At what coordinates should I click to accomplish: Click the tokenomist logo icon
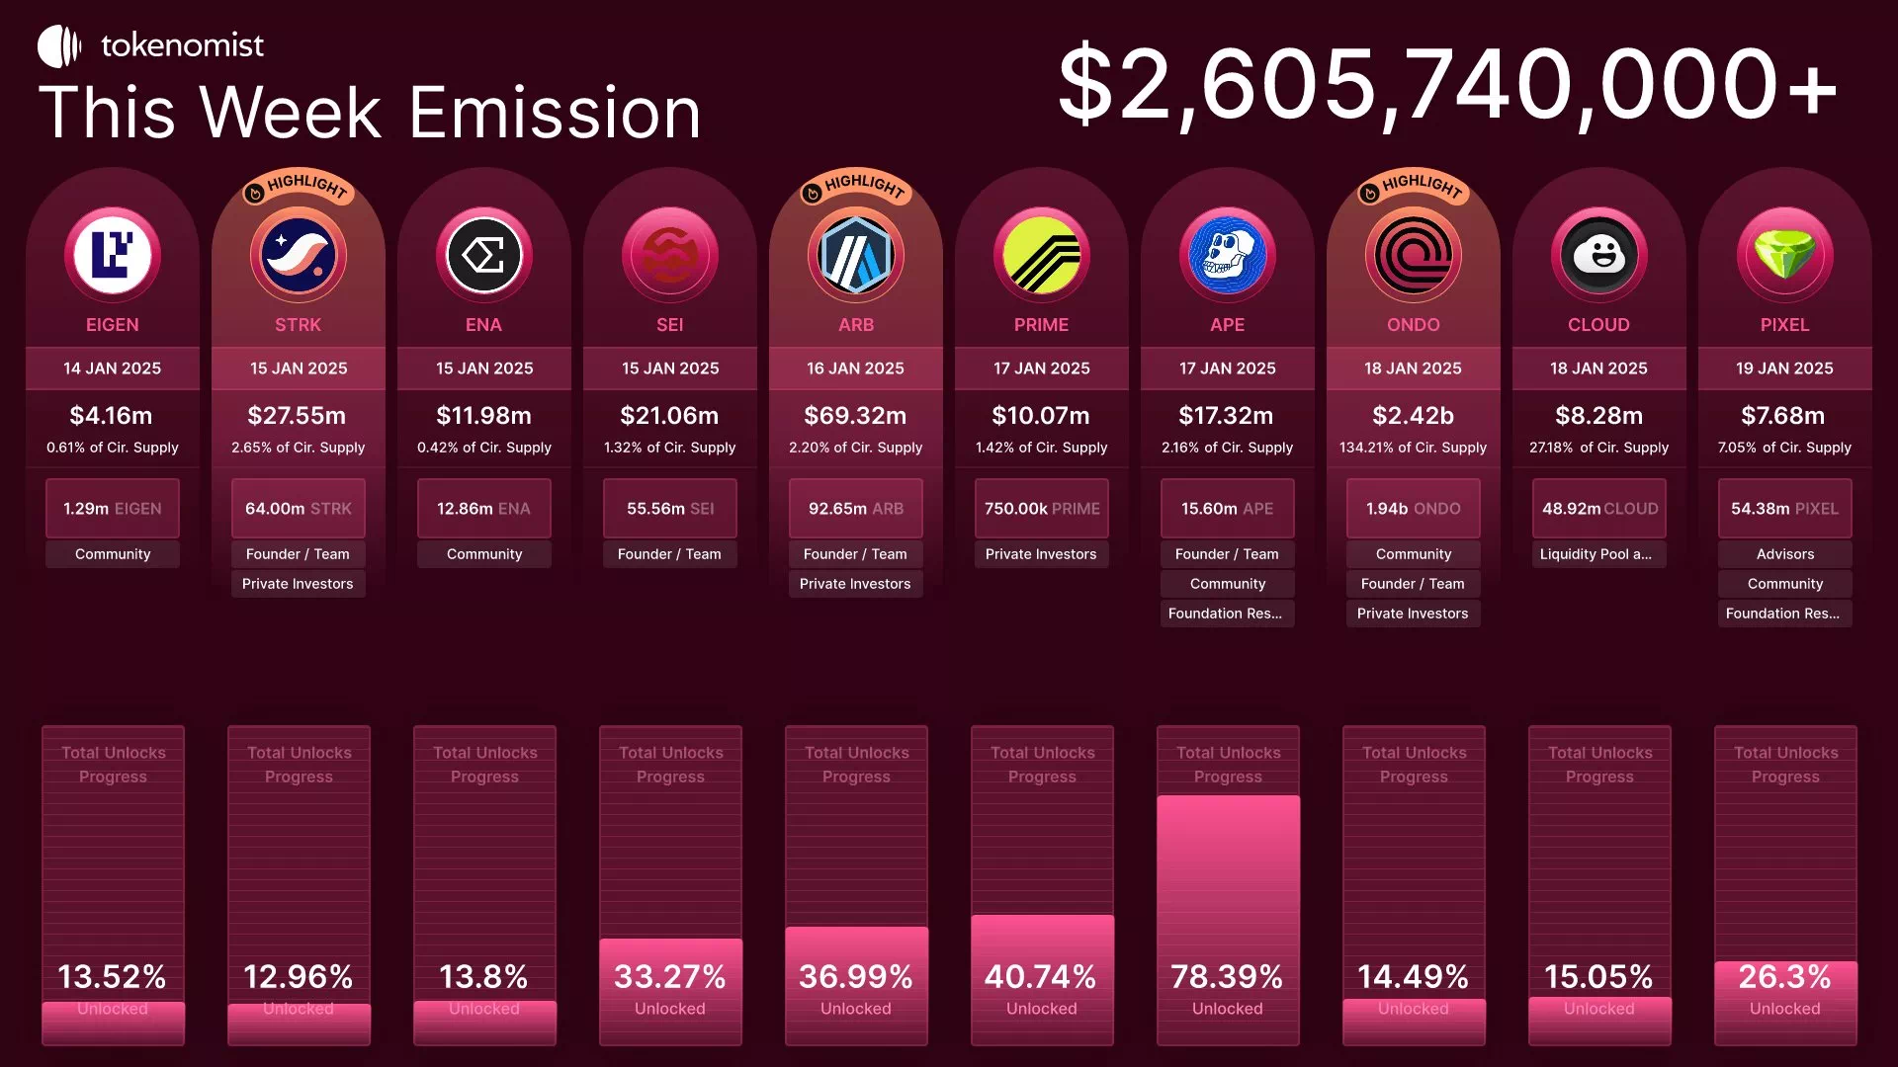(x=58, y=46)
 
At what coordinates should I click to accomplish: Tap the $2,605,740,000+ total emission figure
(x=1447, y=85)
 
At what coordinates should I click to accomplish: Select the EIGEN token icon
(x=113, y=255)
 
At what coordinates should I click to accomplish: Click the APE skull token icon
(x=1227, y=255)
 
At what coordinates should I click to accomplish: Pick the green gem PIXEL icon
(x=1784, y=255)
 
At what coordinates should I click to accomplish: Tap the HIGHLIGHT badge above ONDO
(x=1413, y=186)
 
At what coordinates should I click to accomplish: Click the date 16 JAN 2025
(x=855, y=369)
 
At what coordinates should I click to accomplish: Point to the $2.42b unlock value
(x=1413, y=416)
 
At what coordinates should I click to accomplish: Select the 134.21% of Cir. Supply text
(x=1413, y=448)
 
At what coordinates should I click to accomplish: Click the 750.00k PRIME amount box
(x=1041, y=509)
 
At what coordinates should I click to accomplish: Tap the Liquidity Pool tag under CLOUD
(x=1598, y=554)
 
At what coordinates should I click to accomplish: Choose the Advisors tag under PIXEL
(x=1784, y=554)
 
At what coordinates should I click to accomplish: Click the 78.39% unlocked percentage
(x=1227, y=977)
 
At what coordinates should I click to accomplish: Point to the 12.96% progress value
(x=298, y=977)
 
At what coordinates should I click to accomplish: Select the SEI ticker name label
(x=669, y=325)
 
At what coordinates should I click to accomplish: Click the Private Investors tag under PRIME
(x=1041, y=554)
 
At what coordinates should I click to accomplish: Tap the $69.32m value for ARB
(x=855, y=416)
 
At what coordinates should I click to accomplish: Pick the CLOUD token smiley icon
(x=1598, y=255)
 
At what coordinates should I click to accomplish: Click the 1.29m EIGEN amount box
(x=113, y=509)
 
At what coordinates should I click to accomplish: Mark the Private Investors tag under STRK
(x=298, y=584)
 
